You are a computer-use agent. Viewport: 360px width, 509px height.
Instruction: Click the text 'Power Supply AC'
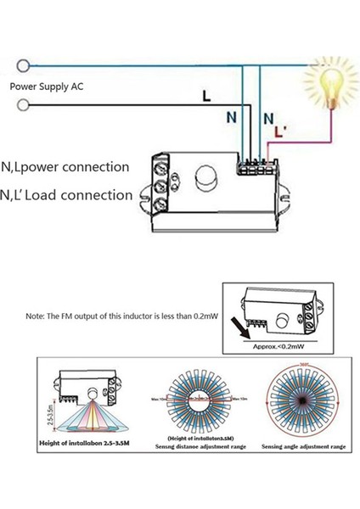coord(47,86)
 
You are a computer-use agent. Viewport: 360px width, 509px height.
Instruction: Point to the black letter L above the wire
coord(205,97)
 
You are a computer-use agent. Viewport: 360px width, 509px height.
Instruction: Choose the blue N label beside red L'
coord(268,119)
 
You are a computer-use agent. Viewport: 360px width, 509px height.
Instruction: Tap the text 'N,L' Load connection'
coord(67,195)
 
